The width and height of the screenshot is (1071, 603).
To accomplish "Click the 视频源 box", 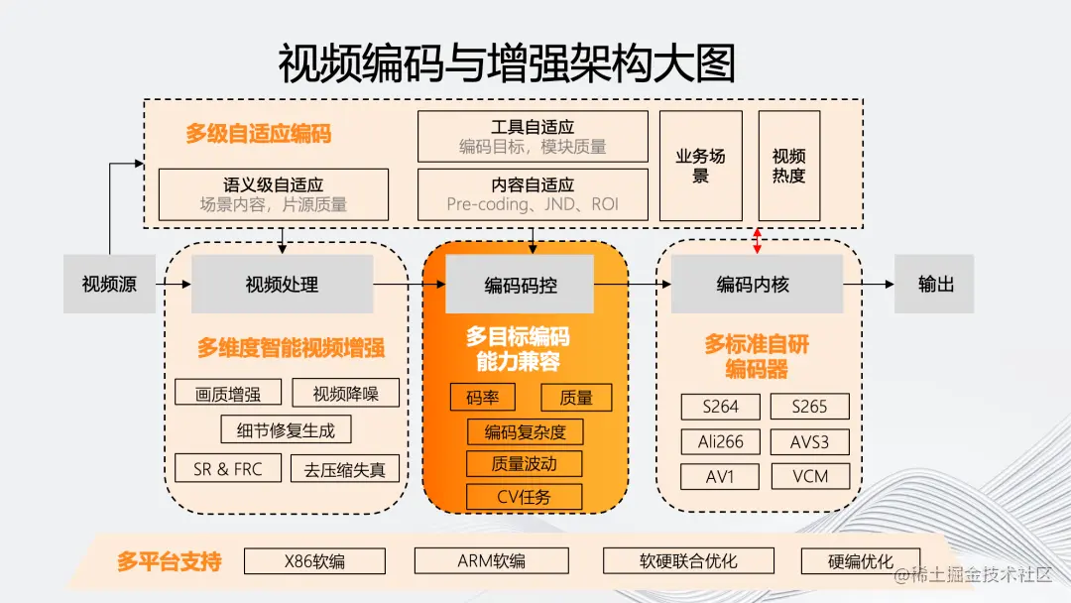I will point(109,285).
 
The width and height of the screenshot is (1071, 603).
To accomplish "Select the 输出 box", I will point(934,285).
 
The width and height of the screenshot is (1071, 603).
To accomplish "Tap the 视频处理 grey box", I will point(283,285).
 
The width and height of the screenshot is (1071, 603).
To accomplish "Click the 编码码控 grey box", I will point(520,285).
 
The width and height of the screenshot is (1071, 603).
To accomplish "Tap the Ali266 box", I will point(720,441).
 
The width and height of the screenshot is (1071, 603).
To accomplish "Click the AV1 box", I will point(720,476).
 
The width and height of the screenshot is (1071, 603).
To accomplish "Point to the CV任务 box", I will point(524,497).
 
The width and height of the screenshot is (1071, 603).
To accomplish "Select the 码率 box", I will point(483,398).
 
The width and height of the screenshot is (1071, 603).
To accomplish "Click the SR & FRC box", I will point(228,469).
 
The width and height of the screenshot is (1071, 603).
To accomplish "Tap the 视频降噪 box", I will point(346,393).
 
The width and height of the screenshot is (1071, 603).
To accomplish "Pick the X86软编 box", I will point(314,561).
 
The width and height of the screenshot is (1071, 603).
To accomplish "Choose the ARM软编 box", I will point(491,561).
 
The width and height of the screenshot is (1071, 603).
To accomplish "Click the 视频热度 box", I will point(789,166).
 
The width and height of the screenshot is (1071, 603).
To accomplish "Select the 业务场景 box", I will point(701,166).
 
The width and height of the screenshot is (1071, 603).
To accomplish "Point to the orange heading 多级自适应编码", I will point(258,134).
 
